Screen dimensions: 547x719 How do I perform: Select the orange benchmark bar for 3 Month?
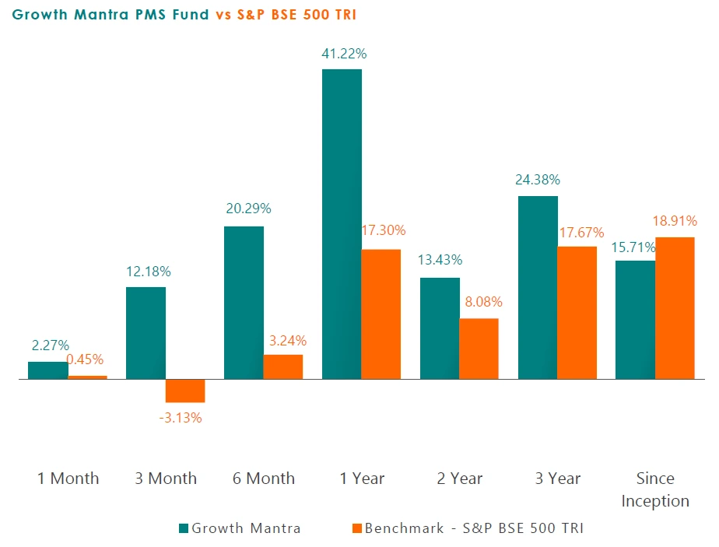click(x=185, y=391)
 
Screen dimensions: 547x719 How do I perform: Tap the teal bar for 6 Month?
click(x=244, y=303)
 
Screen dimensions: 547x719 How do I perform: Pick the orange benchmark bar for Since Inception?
click(x=675, y=308)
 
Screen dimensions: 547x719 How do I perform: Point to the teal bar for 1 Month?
click(x=48, y=370)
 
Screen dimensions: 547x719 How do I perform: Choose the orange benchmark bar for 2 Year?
click(x=479, y=349)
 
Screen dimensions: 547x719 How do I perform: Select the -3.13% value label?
click(x=181, y=418)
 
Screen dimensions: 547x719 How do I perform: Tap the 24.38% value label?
click(x=537, y=180)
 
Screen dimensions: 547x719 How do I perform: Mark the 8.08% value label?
click(x=479, y=302)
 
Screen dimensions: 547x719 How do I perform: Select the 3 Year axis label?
click(x=557, y=478)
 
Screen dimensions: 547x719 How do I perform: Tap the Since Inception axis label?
click(x=655, y=489)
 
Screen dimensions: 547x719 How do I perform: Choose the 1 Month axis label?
click(x=68, y=478)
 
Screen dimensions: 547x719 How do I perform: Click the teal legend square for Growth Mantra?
click(x=183, y=528)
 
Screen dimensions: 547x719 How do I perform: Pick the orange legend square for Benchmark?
click(x=356, y=528)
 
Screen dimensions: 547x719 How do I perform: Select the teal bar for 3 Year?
click(x=538, y=288)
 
